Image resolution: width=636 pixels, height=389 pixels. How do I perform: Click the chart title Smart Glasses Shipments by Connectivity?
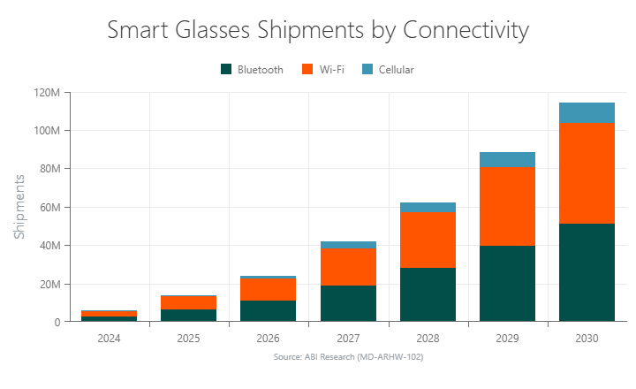(x=318, y=30)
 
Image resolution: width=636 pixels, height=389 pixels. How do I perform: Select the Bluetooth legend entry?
(x=252, y=69)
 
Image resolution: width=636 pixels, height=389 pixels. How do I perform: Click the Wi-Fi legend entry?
(x=323, y=69)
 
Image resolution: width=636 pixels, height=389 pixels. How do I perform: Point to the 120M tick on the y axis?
(x=46, y=92)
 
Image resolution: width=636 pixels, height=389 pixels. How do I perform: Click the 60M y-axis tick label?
(x=49, y=207)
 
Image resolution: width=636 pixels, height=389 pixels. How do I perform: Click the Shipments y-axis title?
(x=19, y=207)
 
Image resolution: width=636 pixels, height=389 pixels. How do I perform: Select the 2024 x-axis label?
(x=110, y=338)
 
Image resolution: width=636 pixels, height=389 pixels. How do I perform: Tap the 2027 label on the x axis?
(x=348, y=338)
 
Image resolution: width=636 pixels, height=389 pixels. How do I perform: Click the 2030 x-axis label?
(x=587, y=338)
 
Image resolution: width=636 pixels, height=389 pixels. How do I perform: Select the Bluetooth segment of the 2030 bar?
(x=587, y=272)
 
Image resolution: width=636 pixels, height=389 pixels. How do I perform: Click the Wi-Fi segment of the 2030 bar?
(x=587, y=173)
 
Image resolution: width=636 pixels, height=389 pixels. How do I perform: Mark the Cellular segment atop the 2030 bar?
(x=587, y=113)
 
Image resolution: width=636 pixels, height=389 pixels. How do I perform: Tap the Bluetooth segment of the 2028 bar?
(x=428, y=294)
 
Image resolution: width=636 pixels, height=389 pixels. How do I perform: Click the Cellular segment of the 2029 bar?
(x=507, y=160)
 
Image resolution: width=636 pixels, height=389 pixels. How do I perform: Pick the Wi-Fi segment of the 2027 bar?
(x=348, y=267)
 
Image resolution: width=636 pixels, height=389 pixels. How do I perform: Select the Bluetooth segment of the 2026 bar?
(x=269, y=311)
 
